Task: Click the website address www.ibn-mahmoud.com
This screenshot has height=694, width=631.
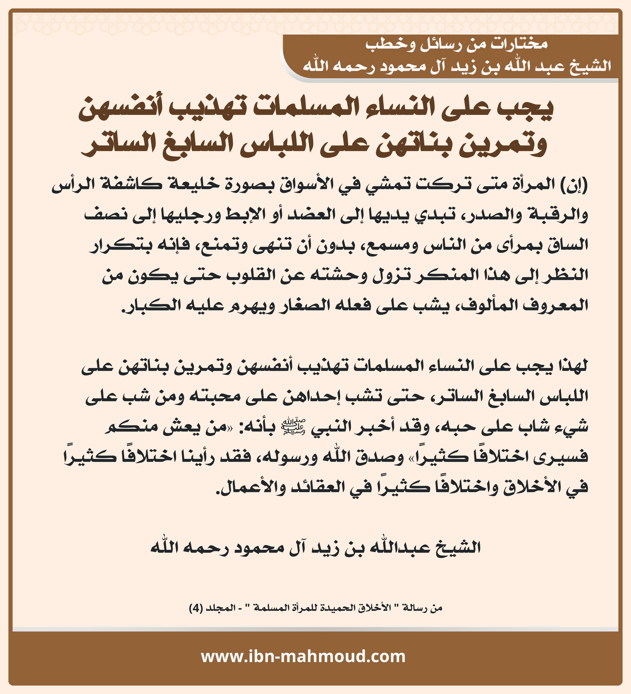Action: (303, 657)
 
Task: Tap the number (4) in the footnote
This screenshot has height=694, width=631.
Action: (196, 608)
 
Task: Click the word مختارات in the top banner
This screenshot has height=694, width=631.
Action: (521, 44)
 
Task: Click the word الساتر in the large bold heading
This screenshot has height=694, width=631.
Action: (118, 144)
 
